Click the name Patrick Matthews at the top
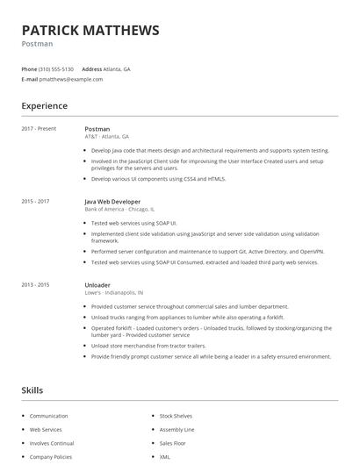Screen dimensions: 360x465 pos(90,30)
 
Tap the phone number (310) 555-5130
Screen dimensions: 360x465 pos(57,68)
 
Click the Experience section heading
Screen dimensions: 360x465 pos(44,106)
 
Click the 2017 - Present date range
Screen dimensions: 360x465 pos(39,129)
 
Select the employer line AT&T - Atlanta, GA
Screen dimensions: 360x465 pos(106,137)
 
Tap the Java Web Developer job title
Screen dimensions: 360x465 pos(112,202)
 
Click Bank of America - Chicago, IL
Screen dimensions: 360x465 pos(119,210)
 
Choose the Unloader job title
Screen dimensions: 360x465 pos(97,285)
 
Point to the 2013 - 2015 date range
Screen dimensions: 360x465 pos(35,285)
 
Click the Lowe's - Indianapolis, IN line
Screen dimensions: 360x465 pos(113,293)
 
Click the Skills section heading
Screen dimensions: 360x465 pos(32,390)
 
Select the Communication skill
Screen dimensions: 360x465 pos(48,416)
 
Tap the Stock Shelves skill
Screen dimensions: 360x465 pos(176,416)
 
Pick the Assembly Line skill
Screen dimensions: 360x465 pos(176,430)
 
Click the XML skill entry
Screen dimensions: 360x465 pos(165,457)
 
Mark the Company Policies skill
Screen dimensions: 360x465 pos(52,457)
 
